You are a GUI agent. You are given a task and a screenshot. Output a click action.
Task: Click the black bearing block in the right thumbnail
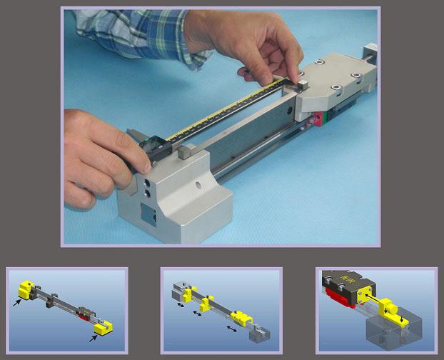pos(347,281)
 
